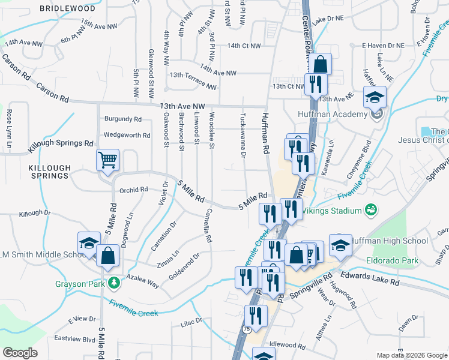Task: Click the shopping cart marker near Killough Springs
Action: [x=108, y=160]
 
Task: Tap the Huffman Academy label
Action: [x=332, y=115]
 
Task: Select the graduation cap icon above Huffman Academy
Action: [x=376, y=97]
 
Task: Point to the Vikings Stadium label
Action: [x=330, y=211]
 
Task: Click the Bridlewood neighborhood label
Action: [x=67, y=9]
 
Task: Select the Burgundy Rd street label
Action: [x=123, y=119]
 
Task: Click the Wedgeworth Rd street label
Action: [x=127, y=135]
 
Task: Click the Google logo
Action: [x=20, y=353]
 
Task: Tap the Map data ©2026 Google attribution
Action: [x=411, y=355]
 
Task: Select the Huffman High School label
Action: [x=390, y=241]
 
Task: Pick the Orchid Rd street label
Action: [x=133, y=190]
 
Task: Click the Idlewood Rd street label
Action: [x=288, y=345]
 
